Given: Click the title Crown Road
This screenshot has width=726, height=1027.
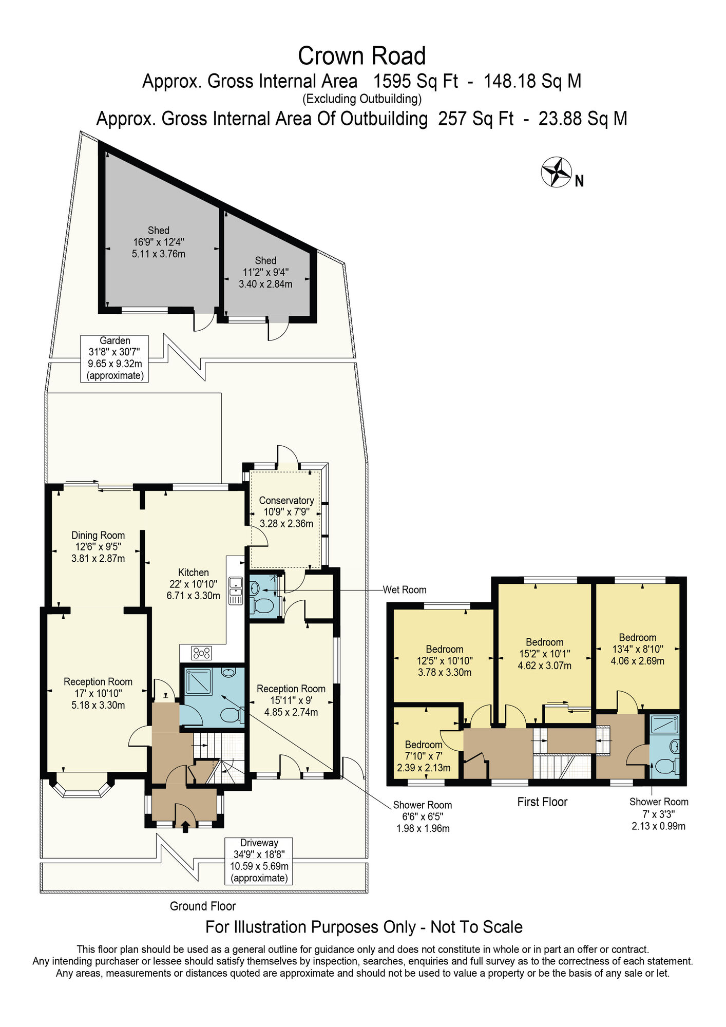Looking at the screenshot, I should [x=361, y=56].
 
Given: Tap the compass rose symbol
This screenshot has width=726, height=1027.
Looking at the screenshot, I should [x=557, y=172].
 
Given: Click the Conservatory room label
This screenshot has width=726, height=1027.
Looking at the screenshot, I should [x=286, y=511].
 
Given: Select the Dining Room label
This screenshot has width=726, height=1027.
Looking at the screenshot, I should [x=98, y=546].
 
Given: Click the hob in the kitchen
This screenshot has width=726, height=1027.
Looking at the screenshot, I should [x=201, y=653].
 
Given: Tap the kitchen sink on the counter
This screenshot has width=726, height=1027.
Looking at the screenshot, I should [x=236, y=590].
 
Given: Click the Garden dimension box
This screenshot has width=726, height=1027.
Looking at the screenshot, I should [x=114, y=358].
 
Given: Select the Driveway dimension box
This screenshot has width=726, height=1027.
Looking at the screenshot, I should [x=259, y=861].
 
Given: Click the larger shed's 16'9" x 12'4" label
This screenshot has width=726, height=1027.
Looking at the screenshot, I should [x=159, y=242].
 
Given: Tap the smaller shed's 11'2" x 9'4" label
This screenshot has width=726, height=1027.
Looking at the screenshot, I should [x=265, y=272].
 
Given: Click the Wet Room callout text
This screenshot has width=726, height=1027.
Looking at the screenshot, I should [x=405, y=589].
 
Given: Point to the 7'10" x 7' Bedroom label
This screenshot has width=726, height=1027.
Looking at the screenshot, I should [x=424, y=756].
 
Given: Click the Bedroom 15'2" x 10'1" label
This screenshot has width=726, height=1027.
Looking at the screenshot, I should [x=544, y=654].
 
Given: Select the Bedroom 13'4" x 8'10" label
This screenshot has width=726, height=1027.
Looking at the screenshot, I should [x=637, y=649].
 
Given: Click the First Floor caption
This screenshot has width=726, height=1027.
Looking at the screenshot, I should [x=542, y=802].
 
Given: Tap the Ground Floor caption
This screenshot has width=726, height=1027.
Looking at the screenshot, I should [x=203, y=906].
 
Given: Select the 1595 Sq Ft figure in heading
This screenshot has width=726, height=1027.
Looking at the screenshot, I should [x=415, y=81].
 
